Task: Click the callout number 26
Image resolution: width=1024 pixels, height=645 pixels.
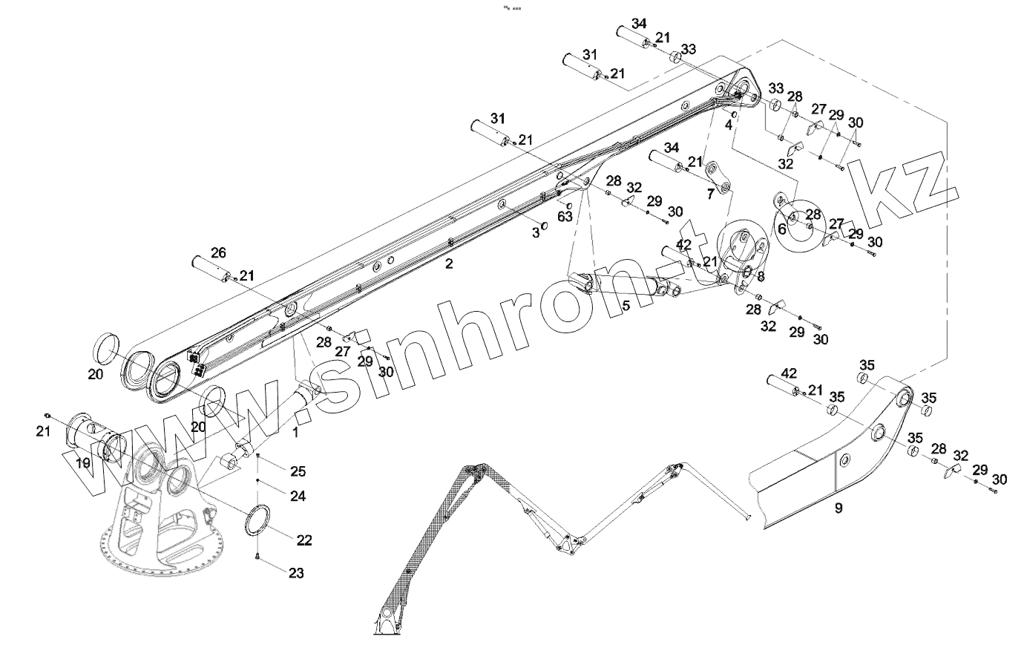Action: tap(217, 253)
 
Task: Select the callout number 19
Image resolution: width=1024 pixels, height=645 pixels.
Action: tap(82, 462)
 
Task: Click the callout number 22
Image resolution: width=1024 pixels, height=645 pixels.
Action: tap(304, 540)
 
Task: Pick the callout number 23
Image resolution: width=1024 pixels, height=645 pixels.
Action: tap(295, 573)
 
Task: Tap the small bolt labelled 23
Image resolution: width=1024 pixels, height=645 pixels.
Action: tap(257, 557)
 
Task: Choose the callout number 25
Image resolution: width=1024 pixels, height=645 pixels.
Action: tap(298, 471)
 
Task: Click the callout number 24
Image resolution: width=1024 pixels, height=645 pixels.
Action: tap(298, 495)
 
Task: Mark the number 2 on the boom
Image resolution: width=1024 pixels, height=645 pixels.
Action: tap(448, 263)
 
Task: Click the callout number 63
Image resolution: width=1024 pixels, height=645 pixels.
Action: tap(565, 217)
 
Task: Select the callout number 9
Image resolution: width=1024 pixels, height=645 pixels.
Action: tap(838, 509)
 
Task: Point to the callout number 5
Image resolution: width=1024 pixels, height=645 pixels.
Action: tap(626, 305)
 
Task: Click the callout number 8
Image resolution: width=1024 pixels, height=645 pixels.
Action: tap(759, 276)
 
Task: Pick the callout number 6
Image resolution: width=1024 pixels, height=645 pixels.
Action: tap(781, 229)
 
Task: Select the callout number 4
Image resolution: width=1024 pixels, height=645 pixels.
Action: tap(729, 125)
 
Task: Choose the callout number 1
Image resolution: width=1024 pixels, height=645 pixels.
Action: tap(295, 431)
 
